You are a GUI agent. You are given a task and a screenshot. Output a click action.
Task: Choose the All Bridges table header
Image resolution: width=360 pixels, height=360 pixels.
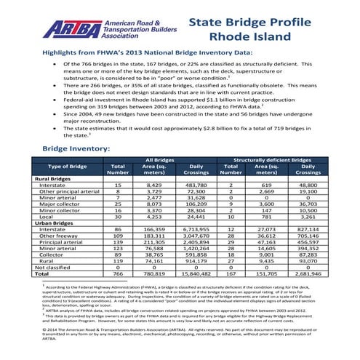coord(159,159)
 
